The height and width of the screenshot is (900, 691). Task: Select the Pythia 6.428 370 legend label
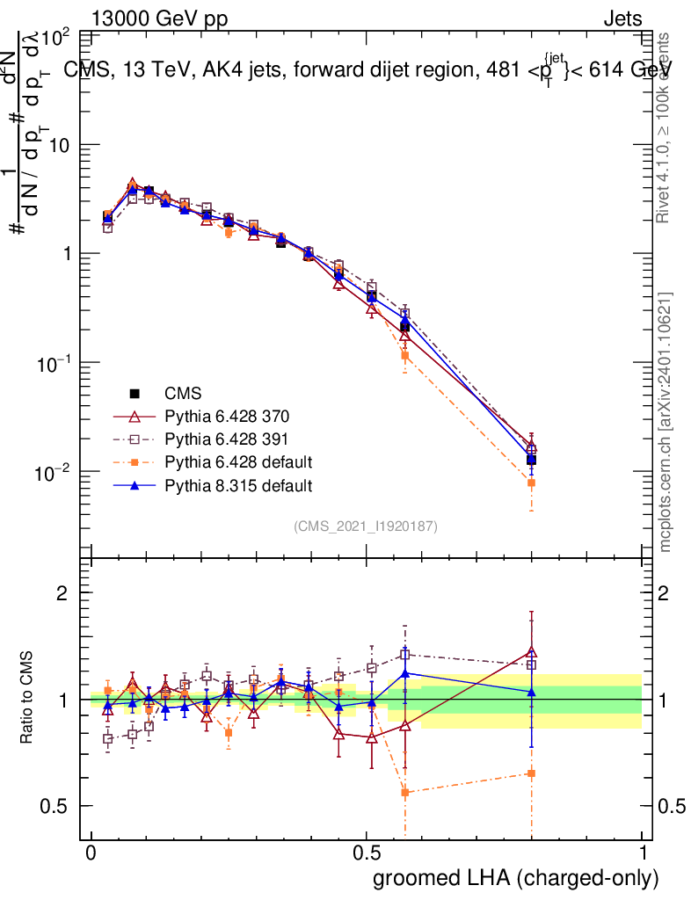tap(227, 416)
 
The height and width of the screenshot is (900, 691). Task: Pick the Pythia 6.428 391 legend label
tap(227, 439)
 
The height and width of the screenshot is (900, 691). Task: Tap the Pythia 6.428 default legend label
tap(238, 461)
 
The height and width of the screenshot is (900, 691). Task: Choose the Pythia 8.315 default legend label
tap(238, 484)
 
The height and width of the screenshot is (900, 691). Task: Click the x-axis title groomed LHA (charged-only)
tap(517, 877)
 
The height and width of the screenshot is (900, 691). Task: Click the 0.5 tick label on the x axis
tap(367, 853)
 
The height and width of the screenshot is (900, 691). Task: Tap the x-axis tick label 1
tap(643, 853)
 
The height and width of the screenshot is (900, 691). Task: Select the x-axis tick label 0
tap(91, 853)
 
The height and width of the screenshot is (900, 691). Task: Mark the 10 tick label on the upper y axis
tap(59, 145)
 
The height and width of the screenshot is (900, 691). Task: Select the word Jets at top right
tap(622, 18)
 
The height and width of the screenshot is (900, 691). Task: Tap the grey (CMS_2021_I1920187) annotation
tap(366, 526)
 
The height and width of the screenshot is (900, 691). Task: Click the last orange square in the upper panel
tap(531, 483)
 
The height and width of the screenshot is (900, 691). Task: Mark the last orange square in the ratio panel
tap(531, 773)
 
